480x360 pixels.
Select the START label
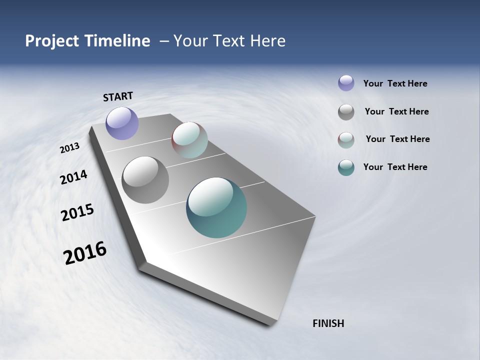[x=118, y=96]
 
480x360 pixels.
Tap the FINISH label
[x=328, y=323]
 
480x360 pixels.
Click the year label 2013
[x=69, y=148]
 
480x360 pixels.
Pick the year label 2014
[x=73, y=177]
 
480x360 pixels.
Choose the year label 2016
[x=85, y=253]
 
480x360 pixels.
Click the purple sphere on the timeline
[x=122, y=123]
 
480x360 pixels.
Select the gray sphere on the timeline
[x=145, y=180]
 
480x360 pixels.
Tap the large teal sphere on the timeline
[x=216, y=207]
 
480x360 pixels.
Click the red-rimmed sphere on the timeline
[x=189, y=140]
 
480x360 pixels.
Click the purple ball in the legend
[x=346, y=83]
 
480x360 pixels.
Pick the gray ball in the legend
[x=346, y=112]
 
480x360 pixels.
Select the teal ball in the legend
[x=346, y=167]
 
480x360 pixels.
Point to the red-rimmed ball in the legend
[x=346, y=140]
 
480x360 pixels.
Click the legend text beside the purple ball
[x=395, y=84]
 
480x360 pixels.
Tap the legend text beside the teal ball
[x=395, y=167]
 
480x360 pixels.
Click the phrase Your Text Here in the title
[x=229, y=41]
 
